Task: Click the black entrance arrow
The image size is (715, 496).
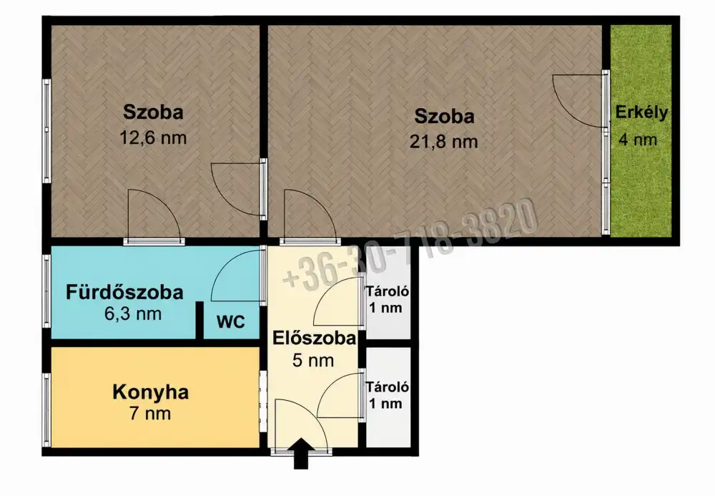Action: [x=301, y=453]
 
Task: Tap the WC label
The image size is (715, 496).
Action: [x=231, y=321]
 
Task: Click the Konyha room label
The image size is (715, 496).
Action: [x=150, y=392]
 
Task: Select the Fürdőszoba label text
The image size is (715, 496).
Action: [x=124, y=292]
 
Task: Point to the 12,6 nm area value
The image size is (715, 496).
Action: [x=153, y=137]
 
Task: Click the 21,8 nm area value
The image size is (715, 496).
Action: [x=444, y=142]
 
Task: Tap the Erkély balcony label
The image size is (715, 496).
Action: [x=641, y=112]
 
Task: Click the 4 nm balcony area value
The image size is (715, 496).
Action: [x=638, y=140]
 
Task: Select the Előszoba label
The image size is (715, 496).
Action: [x=314, y=338]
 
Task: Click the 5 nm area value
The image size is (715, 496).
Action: [x=313, y=361]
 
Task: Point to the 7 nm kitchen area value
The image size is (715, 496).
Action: [x=150, y=414]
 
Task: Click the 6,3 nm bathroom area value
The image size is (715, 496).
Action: [x=133, y=313]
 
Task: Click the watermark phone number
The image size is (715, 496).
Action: [x=410, y=245]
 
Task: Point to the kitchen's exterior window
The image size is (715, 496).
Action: [x=46, y=410]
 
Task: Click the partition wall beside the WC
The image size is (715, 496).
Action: [x=199, y=321]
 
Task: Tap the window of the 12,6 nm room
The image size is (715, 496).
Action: [x=46, y=131]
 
